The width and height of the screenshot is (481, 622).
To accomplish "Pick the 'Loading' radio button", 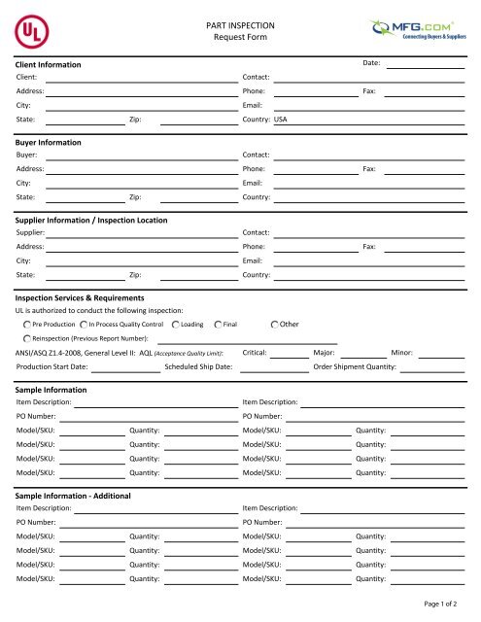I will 174,323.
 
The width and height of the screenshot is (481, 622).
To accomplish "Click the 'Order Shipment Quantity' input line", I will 432,367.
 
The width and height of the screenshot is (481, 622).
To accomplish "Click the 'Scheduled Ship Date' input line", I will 274,367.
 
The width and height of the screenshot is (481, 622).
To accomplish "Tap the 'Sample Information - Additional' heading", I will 78,496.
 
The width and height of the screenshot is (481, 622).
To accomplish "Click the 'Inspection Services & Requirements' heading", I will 81,297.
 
